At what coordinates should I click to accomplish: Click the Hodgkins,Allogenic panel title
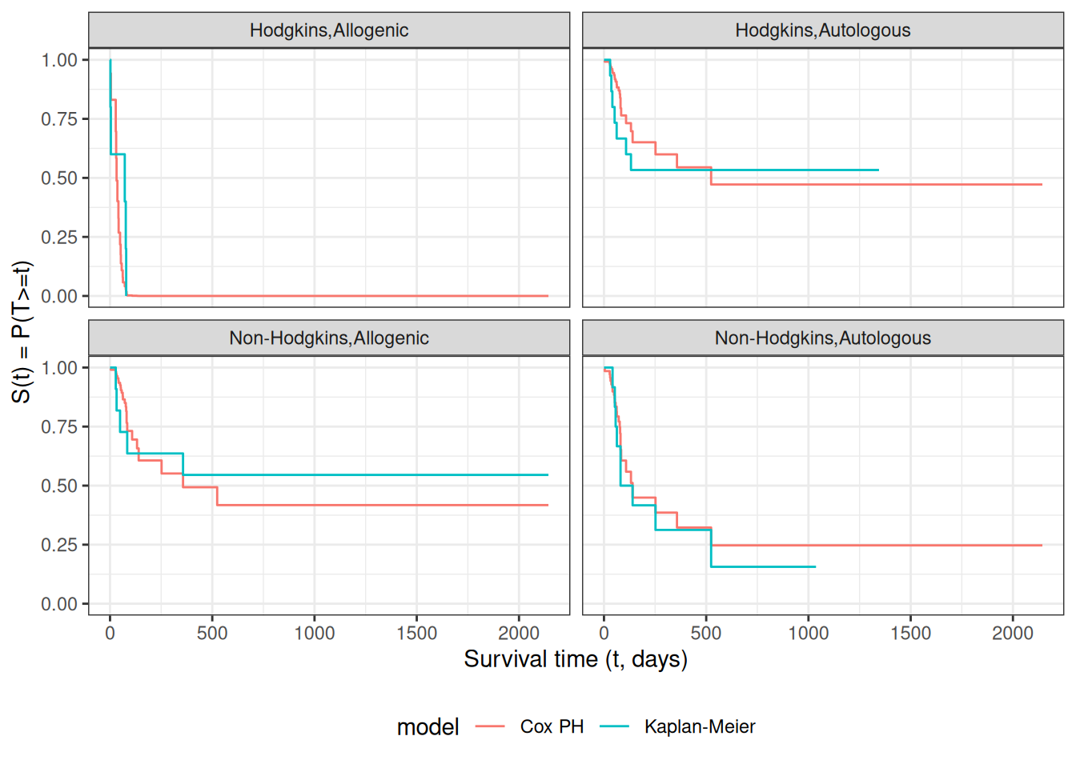coord(328,30)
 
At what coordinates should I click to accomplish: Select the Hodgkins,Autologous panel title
coord(822,30)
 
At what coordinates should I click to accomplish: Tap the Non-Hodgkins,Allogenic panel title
coord(328,338)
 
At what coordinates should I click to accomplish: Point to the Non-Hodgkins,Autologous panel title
coord(822,338)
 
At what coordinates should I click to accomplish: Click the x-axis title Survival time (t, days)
coord(575,659)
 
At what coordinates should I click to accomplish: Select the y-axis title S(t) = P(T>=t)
coord(22,331)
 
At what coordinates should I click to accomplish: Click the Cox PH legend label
coord(552,726)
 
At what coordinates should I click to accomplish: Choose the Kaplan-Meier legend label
coord(699,726)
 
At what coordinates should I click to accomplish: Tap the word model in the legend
coord(428,726)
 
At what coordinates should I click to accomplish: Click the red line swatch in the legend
coord(490,726)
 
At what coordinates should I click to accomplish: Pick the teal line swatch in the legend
coord(614,726)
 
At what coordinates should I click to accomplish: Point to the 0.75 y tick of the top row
coord(59,119)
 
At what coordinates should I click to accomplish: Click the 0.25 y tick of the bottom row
coord(59,545)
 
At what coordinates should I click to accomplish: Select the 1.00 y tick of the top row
coord(59,60)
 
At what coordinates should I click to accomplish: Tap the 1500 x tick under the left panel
coord(416,634)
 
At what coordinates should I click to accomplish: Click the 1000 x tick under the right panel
coord(809,634)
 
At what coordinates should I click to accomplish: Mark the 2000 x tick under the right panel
coord(1013,634)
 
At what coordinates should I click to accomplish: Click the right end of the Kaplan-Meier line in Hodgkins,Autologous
coord(878,170)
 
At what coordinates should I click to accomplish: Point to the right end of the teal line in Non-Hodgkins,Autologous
coord(815,567)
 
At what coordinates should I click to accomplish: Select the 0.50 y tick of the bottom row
coord(59,486)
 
